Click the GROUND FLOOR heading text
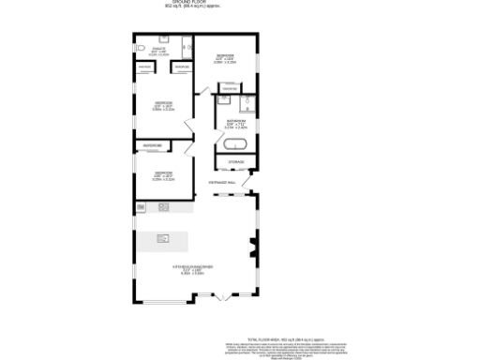[x=239, y=5]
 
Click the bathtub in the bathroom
[x=233, y=145]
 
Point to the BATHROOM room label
[x=235, y=122]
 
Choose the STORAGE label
[x=235, y=162]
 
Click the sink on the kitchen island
[x=164, y=238]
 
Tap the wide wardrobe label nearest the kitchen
[x=152, y=146]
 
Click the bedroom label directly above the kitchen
[x=163, y=175]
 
